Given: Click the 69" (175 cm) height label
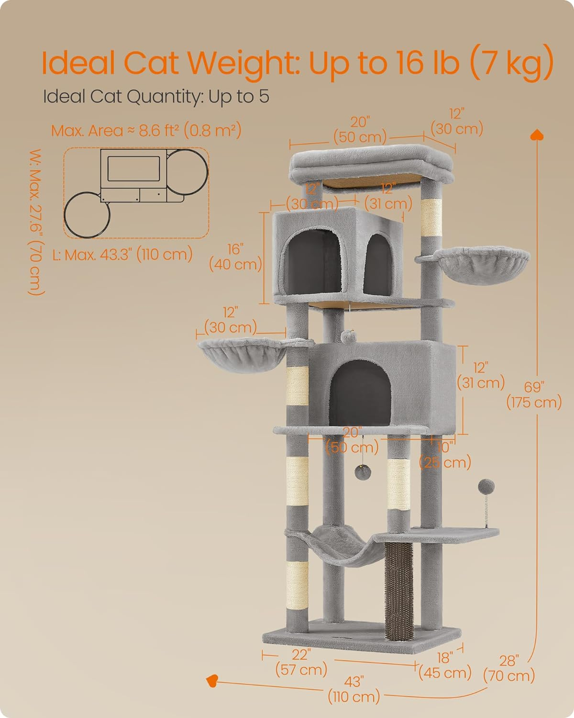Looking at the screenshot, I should click(x=533, y=394).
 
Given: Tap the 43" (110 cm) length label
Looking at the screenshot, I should click(x=353, y=688).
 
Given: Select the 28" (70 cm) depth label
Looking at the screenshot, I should click(x=508, y=668).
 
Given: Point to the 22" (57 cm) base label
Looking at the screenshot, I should click(x=301, y=662).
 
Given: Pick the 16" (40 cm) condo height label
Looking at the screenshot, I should click(x=236, y=257).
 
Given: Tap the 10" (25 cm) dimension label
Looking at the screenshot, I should click(x=445, y=455).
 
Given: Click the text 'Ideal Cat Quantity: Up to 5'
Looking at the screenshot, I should click(x=156, y=97).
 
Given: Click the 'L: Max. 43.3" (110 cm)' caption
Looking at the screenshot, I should click(x=122, y=254).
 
